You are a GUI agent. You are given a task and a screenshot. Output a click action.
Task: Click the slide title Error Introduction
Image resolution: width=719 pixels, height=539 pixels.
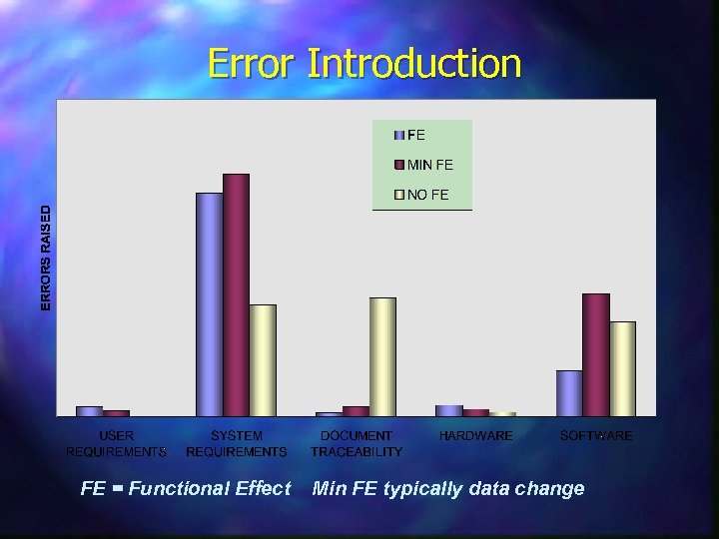[x=364, y=64]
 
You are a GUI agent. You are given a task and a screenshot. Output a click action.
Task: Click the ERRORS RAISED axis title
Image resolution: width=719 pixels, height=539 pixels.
[x=45, y=257]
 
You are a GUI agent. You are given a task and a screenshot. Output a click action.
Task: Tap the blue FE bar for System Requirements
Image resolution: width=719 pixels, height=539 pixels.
[x=209, y=304]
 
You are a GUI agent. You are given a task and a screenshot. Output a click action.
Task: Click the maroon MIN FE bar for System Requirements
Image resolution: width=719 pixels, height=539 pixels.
[x=236, y=294]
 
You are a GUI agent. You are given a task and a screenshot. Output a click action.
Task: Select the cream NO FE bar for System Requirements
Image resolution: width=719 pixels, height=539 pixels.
[x=263, y=360]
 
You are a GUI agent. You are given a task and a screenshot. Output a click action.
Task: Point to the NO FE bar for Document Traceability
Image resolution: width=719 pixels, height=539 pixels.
[x=382, y=356]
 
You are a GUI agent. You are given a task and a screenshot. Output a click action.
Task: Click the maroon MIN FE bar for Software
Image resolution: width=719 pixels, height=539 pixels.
[x=595, y=354]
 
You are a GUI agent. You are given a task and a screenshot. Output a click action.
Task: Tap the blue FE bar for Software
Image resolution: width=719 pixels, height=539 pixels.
[x=568, y=393]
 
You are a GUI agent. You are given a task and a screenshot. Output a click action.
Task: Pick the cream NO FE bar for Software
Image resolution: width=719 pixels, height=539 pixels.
[x=622, y=368]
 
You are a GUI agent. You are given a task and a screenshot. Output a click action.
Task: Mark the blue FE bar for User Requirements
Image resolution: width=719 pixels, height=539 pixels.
[x=89, y=410]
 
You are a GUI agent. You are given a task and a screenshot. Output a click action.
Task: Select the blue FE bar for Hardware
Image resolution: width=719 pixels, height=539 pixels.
[x=448, y=410]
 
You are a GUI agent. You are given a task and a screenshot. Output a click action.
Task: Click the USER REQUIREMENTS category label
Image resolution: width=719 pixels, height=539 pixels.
[x=117, y=444]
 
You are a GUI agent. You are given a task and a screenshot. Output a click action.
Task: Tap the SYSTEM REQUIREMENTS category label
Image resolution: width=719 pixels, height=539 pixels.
[x=237, y=444]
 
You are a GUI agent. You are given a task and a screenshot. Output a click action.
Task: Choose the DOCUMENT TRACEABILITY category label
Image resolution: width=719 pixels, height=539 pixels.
[x=357, y=444]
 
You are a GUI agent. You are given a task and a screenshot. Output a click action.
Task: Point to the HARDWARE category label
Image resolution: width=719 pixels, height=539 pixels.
[x=475, y=436]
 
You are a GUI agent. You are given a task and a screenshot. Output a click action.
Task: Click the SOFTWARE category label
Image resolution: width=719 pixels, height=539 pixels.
[x=596, y=436]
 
